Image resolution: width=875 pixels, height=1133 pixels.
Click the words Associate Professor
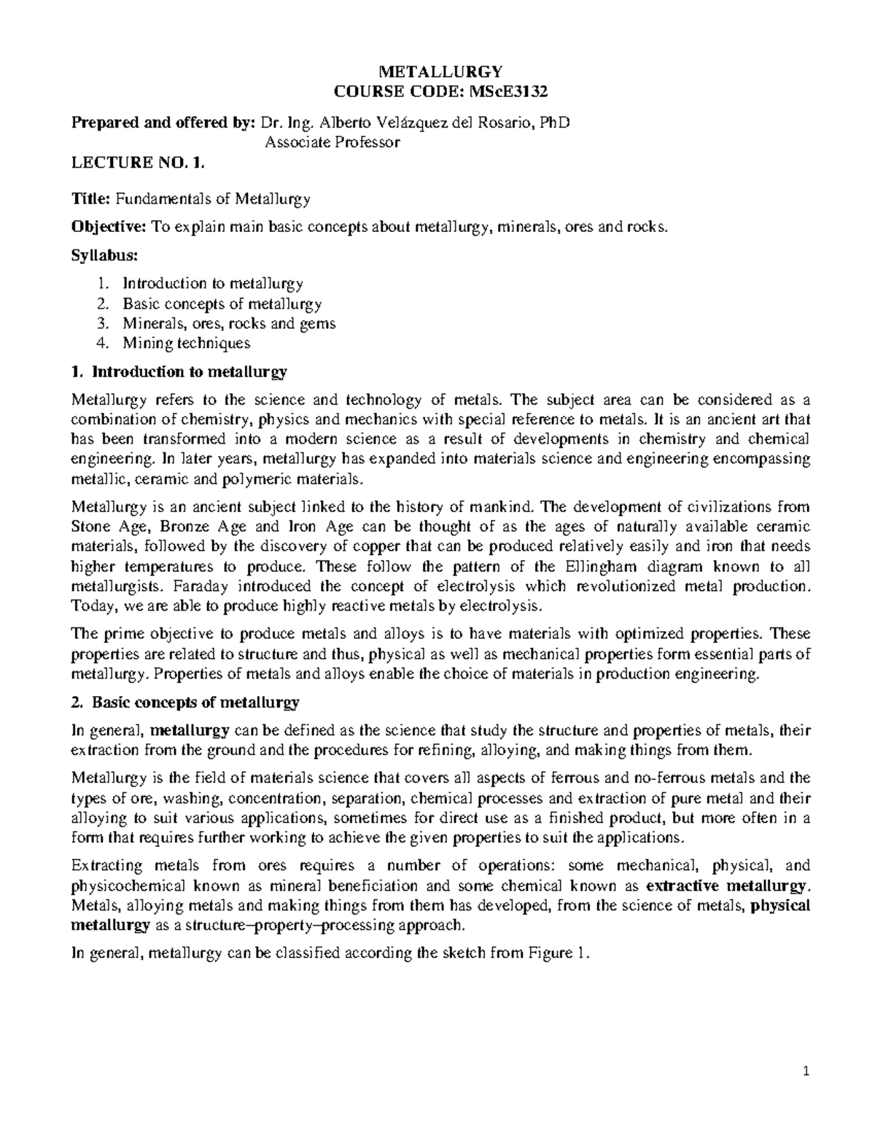point(332,142)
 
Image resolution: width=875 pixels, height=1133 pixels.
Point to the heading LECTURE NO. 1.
point(133,163)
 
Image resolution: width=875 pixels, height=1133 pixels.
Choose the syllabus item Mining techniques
point(186,343)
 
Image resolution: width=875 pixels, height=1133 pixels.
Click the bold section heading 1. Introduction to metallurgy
point(179,372)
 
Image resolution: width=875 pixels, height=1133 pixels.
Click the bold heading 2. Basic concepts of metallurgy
point(185,703)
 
